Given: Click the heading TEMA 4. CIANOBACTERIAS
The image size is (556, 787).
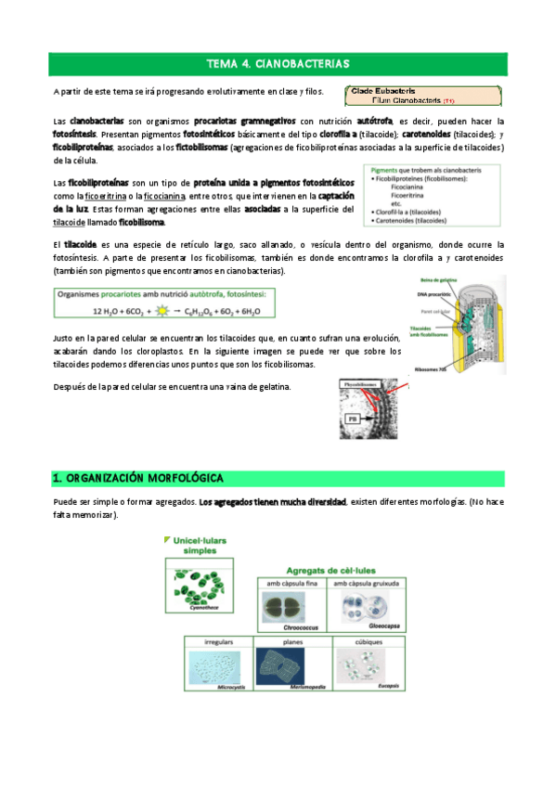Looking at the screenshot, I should [278, 64].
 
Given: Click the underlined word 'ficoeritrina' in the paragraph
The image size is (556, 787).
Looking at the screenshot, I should [111, 197].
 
